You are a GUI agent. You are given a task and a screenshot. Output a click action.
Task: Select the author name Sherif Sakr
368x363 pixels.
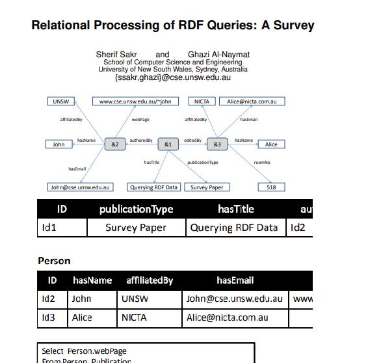tap(116, 55)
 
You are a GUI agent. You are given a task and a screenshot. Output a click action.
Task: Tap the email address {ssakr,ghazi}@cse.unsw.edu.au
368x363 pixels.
tap(172, 77)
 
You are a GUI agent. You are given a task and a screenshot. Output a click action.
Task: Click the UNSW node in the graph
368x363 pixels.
tap(61, 101)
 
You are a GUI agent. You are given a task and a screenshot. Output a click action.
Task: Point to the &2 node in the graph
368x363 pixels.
tap(115, 144)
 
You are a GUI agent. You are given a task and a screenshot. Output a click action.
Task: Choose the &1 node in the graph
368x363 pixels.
tap(168, 144)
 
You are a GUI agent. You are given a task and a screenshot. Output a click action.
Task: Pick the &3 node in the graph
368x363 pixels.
tap(217, 144)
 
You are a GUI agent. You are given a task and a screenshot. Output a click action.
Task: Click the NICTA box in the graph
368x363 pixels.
tap(202, 101)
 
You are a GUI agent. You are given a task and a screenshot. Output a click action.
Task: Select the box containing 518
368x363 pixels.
tap(271, 187)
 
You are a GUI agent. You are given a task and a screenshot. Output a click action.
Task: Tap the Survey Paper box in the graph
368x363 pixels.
tap(207, 187)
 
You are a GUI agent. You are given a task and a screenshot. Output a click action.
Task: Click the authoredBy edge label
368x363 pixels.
tap(141, 140)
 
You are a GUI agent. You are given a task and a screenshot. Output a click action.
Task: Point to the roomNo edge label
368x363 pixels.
tap(262, 162)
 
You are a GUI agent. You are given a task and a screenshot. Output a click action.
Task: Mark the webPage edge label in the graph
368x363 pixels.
tap(140, 120)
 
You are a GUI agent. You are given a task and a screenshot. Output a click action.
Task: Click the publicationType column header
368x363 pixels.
tap(136, 209)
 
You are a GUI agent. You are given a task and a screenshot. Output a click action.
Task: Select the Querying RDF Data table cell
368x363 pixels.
tap(234, 228)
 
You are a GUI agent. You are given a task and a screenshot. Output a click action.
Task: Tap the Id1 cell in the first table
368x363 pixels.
tap(49, 228)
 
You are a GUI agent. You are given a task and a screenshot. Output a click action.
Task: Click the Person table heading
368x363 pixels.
tap(54, 261)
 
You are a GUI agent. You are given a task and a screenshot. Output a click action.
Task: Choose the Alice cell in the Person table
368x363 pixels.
tap(81, 317)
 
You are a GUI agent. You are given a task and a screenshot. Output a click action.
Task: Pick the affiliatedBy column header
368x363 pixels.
tap(150, 280)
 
